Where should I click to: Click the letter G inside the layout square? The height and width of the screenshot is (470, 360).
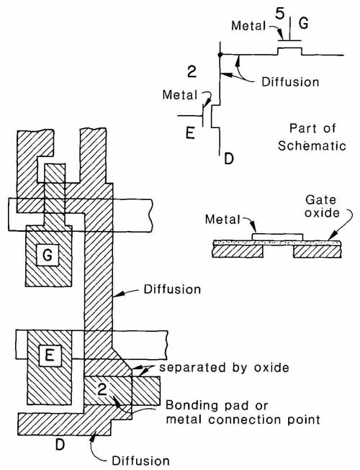coord(48,255)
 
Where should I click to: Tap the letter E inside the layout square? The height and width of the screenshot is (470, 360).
coord(50,356)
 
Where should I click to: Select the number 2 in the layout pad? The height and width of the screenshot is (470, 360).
coord(102,389)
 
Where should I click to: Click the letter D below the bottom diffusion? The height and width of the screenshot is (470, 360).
coord(60,445)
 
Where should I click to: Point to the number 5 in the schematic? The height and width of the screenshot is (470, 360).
coord(279,14)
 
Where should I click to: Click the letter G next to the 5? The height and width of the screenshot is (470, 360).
coord(304,23)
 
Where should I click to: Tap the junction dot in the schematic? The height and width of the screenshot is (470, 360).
coord(220,55)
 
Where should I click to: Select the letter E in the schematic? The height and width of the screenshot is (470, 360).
coord(190,132)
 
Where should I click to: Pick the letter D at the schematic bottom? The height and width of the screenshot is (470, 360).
coord(229,158)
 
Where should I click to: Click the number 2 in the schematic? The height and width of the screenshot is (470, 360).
coord(192,72)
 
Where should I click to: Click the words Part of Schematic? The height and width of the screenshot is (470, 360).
coord(312,137)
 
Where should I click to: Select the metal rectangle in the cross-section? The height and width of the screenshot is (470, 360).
coord(278,237)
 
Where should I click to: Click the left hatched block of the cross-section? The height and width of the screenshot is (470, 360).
coord(238,251)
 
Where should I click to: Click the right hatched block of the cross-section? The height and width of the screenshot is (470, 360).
coord(318,251)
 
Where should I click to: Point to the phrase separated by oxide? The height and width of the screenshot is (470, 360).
coord(224,368)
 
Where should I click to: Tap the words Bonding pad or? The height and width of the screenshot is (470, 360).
coord(217,405)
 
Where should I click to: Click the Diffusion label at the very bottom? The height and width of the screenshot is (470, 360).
coord(140,461)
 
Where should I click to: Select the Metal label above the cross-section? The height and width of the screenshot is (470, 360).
coord(222,220)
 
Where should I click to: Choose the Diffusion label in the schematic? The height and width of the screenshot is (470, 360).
coord(290,82)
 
